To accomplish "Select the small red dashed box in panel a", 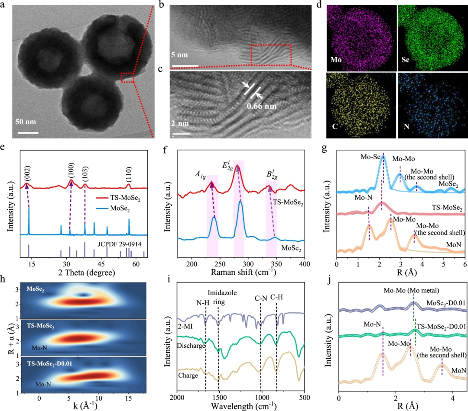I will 127,78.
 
